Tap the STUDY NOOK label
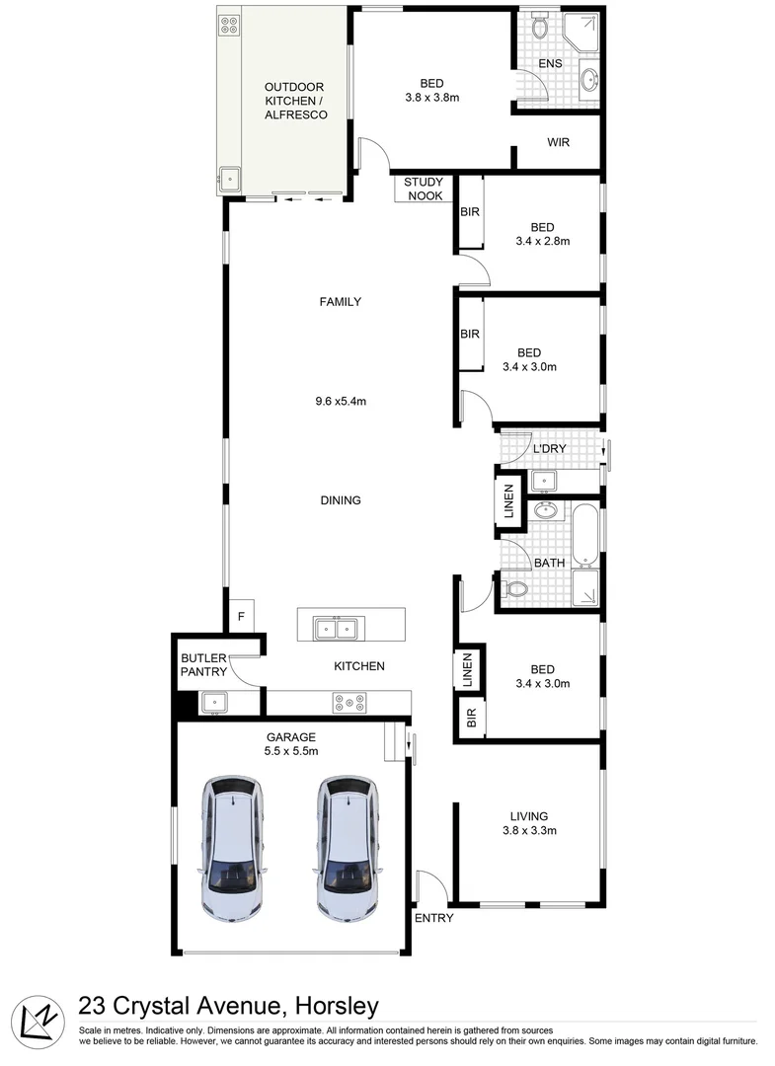click(424, 190)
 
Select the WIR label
click(559, 142)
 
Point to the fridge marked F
click(240, 617)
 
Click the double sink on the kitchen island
click(336, 626)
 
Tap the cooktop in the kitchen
click(349, 703)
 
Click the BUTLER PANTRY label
click(204, 665)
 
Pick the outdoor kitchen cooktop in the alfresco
click(230, 26)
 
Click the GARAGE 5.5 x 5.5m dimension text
click(291, 744)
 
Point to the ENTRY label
click(434, 918)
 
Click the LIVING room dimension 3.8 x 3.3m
click(529, 830)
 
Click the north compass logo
click(38, 1020)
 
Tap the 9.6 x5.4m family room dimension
click(341, 401)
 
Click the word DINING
click(340, 500)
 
